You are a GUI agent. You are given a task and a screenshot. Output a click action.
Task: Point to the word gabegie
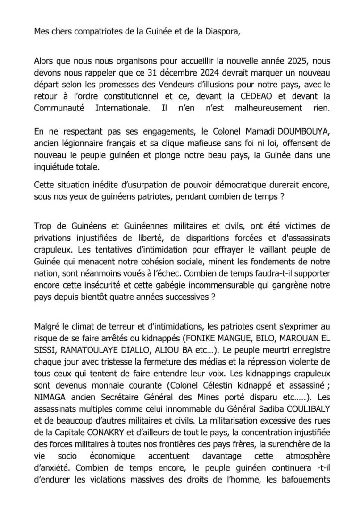click(x=172, y=286)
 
